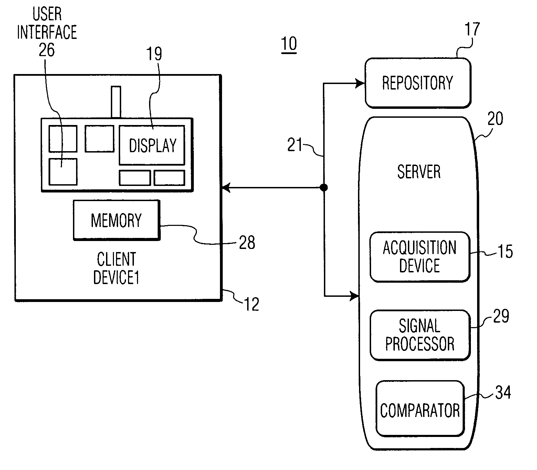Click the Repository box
coord(418,83)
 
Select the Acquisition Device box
coord(420,257)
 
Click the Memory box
coord(117,220)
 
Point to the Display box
coord(152,145)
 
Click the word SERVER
coord(419,172)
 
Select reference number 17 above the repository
coord(472,29)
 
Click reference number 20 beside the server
coord(495,118)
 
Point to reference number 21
coord(295,145)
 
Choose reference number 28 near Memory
coord(247,242)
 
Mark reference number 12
coord(252,304)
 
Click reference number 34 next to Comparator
coord(503,393)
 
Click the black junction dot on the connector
coord(324,187)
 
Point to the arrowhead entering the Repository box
coord(360,83)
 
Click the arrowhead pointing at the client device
coord(226,187)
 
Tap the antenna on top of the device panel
coord(116,102)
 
